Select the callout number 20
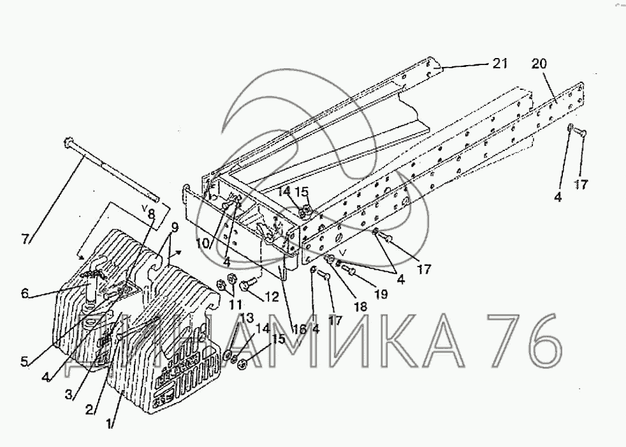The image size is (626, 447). (539, 64)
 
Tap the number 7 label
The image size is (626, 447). (25, 239)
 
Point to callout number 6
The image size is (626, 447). (25, 293)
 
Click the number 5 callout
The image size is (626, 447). (24, 362)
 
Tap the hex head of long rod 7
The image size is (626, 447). (68, 141)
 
